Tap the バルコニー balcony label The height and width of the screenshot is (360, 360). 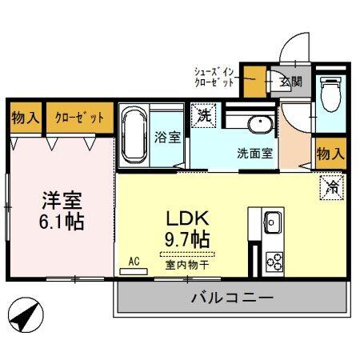pos(232,298)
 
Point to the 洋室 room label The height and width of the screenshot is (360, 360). pos(61,198)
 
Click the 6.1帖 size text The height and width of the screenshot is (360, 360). pos(61,220)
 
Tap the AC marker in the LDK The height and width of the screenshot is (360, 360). pos(134,262)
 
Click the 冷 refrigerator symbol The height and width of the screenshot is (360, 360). pos(330,187)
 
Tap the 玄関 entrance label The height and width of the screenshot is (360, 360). pos(290,81)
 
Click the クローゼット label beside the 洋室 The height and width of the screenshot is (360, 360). pos(79,118)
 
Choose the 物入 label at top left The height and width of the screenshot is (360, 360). pos(26,118)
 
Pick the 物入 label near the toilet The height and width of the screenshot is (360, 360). pos(330,153)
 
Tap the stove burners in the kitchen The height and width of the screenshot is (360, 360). pos(274,260)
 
